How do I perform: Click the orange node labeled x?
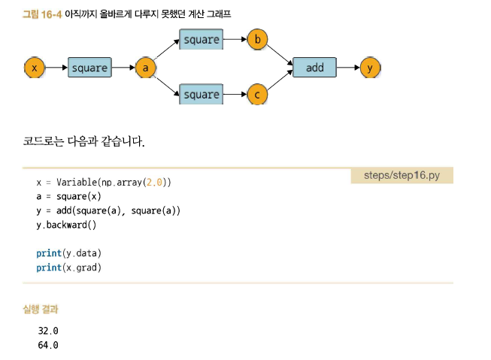click(x=34, y=68)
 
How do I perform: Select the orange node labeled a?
click(x=145, y=68)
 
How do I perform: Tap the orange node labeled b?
click(x=257, y=39)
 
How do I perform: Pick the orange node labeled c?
click(x=257, y=95)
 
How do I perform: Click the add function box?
click(x=314, y=68)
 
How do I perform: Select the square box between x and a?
click(x=89, y=68)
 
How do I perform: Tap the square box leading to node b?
click(x=202, y=39)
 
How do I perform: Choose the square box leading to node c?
click(x=202, y=95)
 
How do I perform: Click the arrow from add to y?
click(x=348, y=68)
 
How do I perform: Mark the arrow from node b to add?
click(x=280, y=53)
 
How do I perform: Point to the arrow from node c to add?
click(x=280, y=83)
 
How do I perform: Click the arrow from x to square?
click(x=56, y=68)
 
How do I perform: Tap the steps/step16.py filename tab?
click(x=402, y=175)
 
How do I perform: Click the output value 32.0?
click(x=47, y=331)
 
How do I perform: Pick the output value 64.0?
click(x=47, y=345)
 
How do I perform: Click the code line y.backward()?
click(x=66, y=225)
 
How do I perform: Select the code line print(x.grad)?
click(x=68, y=268)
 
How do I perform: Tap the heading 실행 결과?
click(x=41, y=309)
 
